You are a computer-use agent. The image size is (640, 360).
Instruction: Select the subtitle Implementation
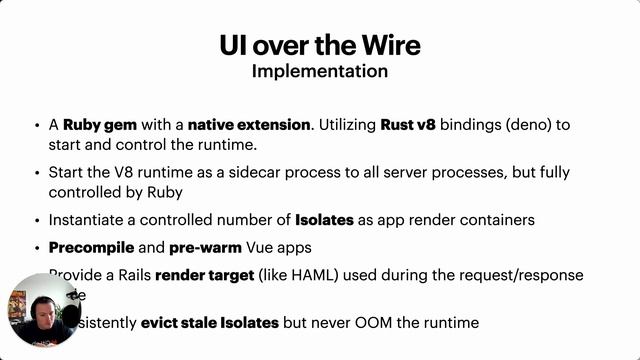point(320,72)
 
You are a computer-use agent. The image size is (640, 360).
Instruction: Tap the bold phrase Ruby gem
point(94,126)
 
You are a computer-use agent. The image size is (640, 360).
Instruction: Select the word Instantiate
point(88,219)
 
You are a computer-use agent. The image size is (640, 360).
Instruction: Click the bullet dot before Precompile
point(36,246)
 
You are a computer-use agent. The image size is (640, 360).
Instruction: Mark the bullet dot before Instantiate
point(36,219)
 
